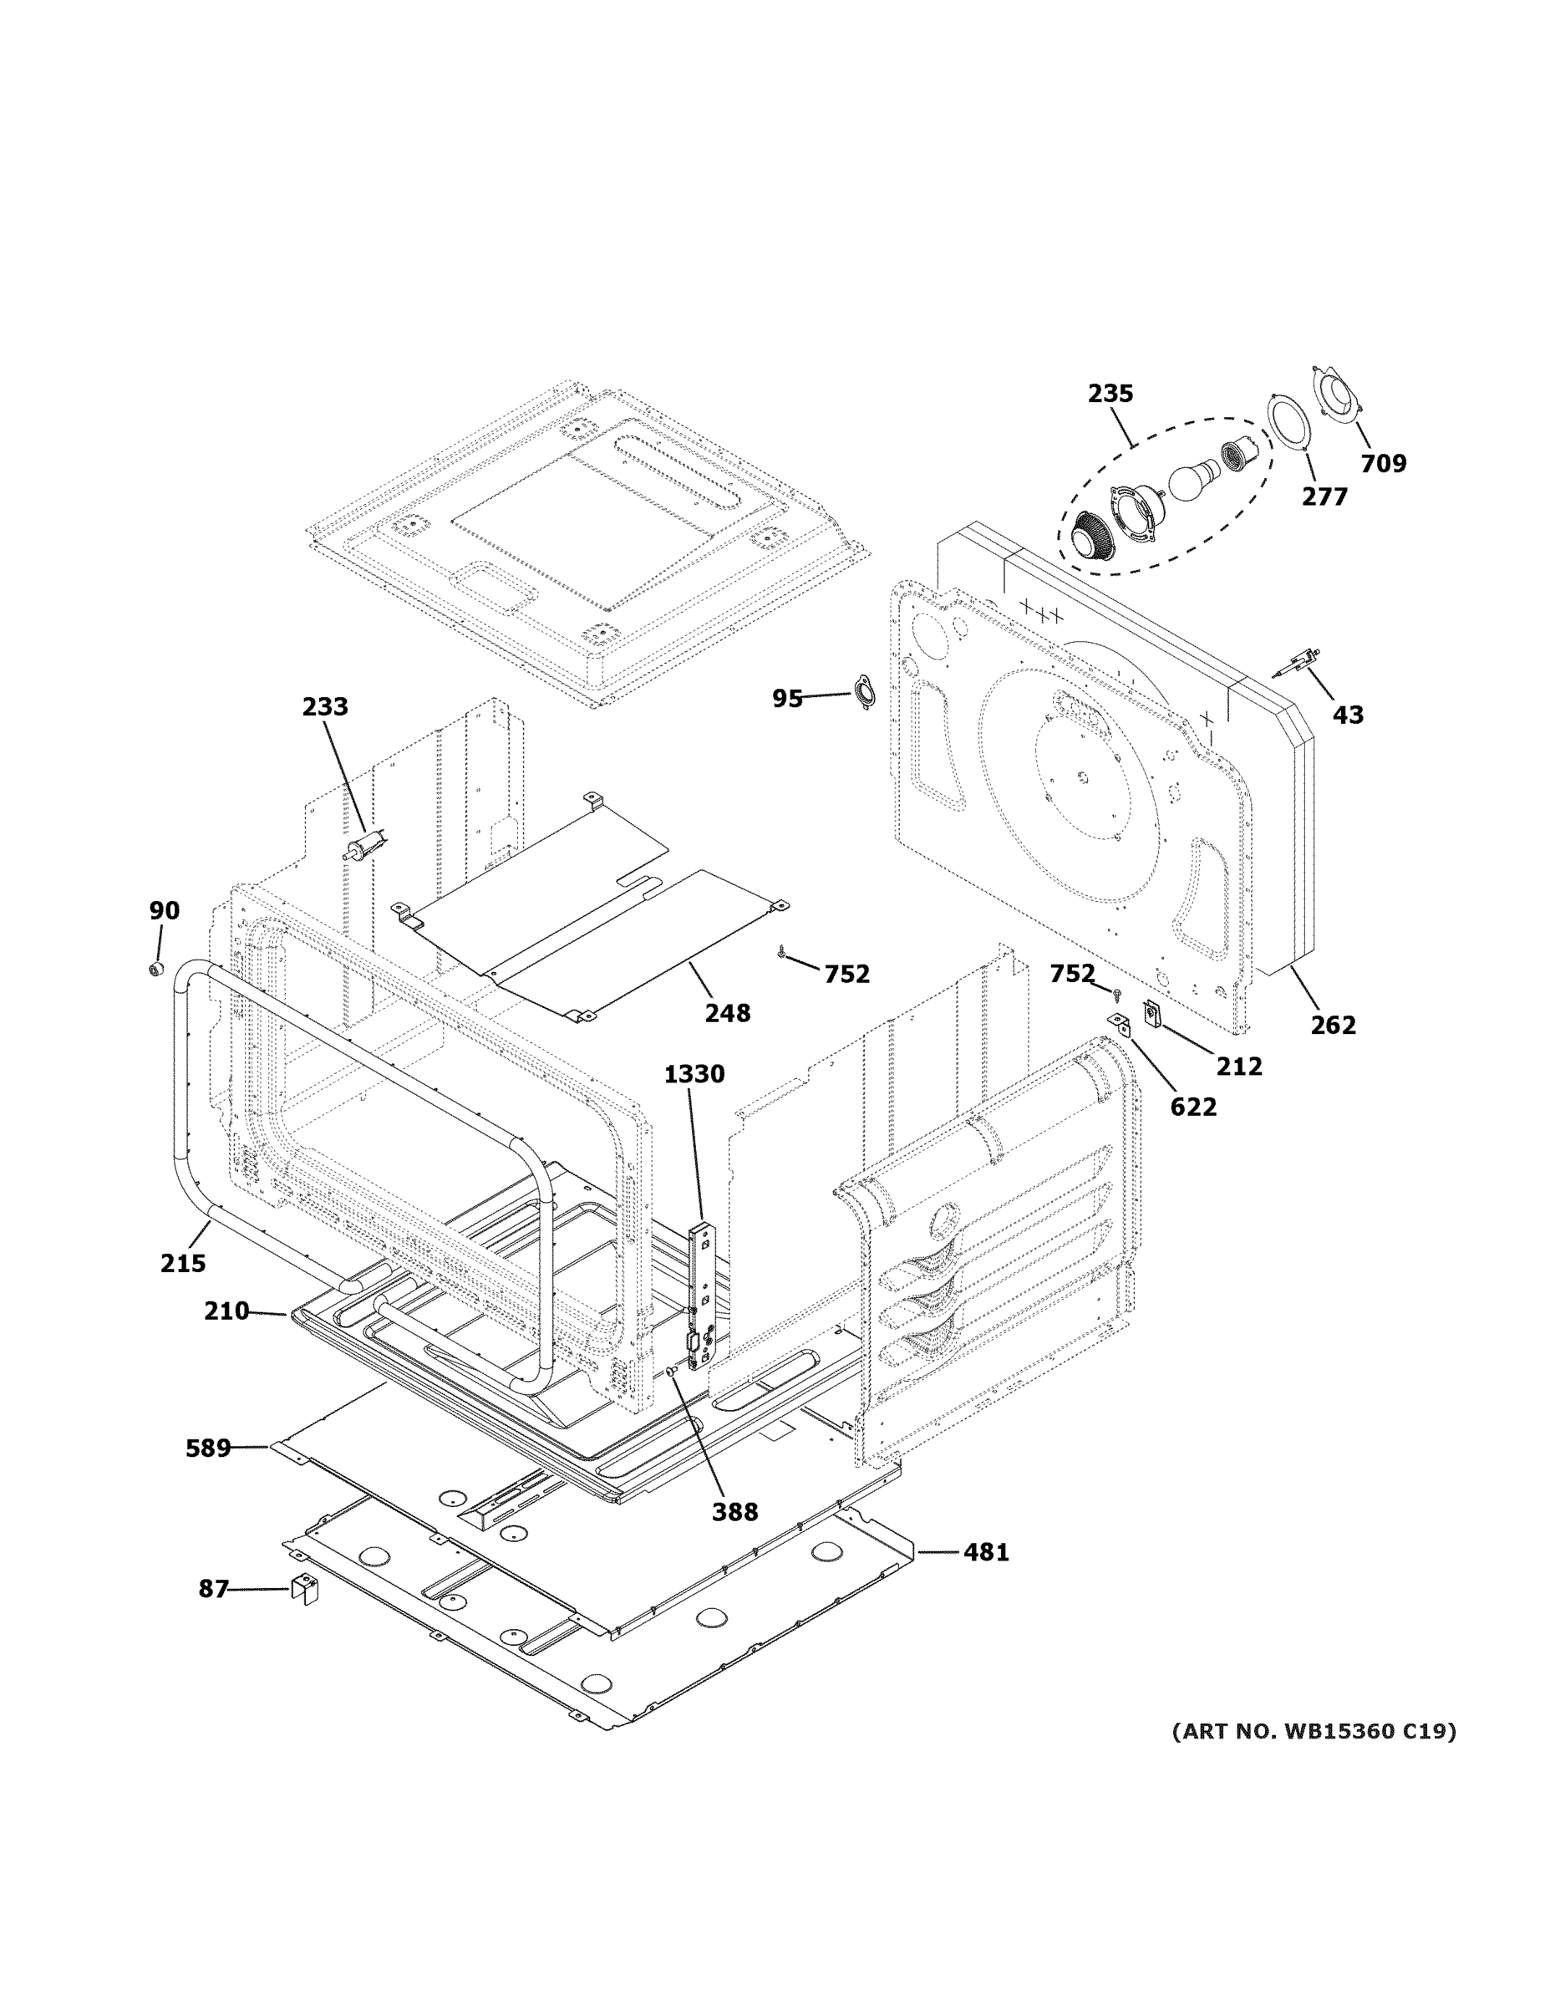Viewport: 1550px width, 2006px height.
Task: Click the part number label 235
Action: [1110, 393]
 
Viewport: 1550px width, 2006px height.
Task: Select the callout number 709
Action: [1383, 464]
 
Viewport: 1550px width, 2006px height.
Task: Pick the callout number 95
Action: [787, 699]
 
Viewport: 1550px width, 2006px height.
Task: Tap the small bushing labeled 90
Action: [156, 968]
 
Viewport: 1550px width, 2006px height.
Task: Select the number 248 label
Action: [727, 1013]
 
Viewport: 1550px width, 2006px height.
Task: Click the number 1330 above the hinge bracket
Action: [694, 1074]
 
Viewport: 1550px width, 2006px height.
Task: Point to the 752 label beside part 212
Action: [1071, 974]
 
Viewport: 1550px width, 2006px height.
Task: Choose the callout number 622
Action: [1193, 1107]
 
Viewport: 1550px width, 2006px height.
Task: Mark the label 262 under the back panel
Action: [1333, 1025]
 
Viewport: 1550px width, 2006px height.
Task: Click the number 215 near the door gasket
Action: [183, 1263]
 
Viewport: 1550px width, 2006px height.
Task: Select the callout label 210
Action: [226, 1311]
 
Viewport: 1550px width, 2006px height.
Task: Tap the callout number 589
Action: [207, 1448]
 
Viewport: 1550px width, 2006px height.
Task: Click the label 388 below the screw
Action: [734, 1512]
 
